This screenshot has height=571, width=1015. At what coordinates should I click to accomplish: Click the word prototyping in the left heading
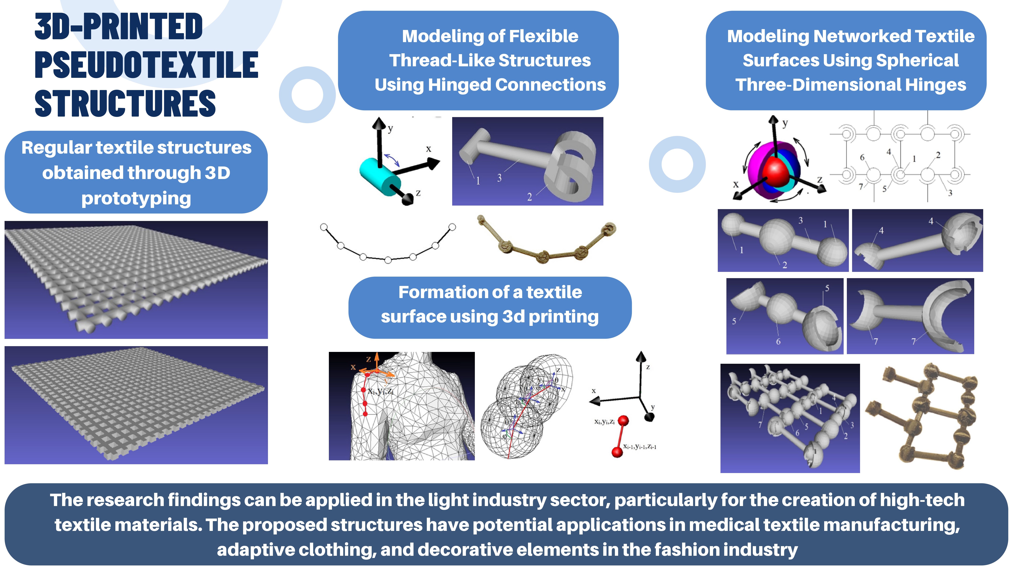[x=136, y=198]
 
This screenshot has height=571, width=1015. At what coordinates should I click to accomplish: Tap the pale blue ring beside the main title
[x=307, y=95]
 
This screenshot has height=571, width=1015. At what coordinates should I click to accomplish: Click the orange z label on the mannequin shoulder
[x=368, y=359]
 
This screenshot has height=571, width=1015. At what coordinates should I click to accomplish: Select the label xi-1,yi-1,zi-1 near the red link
[x=639, y=446]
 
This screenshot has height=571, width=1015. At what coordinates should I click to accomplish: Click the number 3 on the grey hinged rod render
[x=499, y=178]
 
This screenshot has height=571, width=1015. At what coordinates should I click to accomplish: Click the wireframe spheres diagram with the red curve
[x=526, y=406]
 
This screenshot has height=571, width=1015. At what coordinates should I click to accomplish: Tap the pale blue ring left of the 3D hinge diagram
[x=677, y=164]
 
